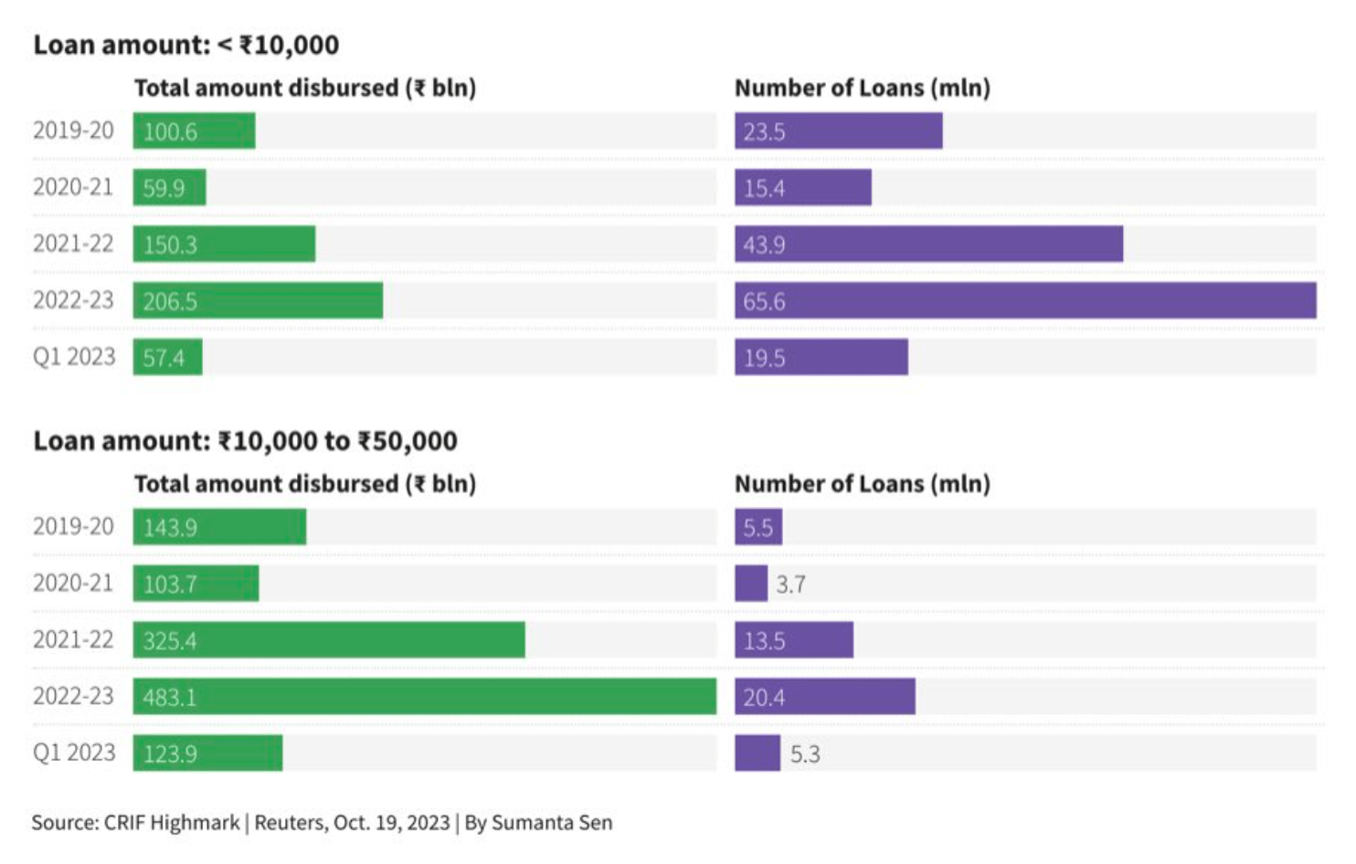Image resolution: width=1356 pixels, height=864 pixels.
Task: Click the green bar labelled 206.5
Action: pyautogui.click(x=258, y=300)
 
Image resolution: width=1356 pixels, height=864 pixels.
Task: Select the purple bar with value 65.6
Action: pyautogui.click(x=1025, y=300)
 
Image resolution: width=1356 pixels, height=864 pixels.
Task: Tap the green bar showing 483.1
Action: pyautogui.click(x=424, y=697)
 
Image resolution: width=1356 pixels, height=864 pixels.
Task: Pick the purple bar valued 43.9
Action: pyautogui.click(x=928, y=244)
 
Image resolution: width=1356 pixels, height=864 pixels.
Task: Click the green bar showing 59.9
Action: pyautogui.click(x=169, y=187)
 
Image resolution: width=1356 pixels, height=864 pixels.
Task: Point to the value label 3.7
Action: pyautogui.click(x=790, y=585)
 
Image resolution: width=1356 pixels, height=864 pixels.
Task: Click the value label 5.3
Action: pyautogui.click(x=805, y=754)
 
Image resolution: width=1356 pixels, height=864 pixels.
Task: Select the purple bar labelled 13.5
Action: pyautogui.click(x=793, y=640)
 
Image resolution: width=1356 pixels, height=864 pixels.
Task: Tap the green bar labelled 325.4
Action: pyautogui.click(x=329, y=640)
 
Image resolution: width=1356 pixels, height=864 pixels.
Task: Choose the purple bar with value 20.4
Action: pyautogui.click(x=824, y=697)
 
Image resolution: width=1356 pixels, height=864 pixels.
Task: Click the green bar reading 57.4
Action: pyautogui.click(x=167, y=357)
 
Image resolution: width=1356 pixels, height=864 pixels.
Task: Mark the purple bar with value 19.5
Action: pyautogui.click(x=821, y=357)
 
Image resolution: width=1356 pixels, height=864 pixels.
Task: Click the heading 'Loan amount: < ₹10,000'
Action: pyautogui.click(x=185, y=45)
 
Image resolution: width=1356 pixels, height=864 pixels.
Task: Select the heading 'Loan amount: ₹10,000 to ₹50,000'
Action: pyautogui.click(x=245, y=441)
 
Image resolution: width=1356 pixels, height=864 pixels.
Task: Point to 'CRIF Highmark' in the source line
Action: pyautogui.click(x=172, y=823)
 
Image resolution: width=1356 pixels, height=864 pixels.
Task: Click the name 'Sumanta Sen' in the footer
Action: pyautogui.click(x=552, y=823)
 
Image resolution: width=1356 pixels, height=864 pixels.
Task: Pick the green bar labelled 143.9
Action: pyautogui.click(x=219, y=527)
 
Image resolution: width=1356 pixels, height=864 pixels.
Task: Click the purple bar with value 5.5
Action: pyautogui.click(x=757, y=527)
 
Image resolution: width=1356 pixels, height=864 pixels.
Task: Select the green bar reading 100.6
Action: pyautogui.click(x=194, y=131)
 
